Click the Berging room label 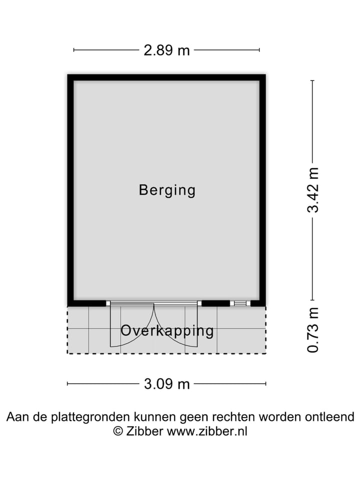click(167, 190)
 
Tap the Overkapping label click(167, 331)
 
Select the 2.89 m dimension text click(167, 50)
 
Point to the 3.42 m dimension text click(313, 190)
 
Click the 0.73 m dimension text click(313, 329)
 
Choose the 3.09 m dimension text click(167, 384)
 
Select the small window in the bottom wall click(240, 303)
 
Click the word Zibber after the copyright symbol click(144, 431)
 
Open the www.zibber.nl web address click(207, 431)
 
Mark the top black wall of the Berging click(166, 77)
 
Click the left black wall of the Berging click(70, 190)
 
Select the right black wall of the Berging click(262, 190)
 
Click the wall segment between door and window click(215, 303)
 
